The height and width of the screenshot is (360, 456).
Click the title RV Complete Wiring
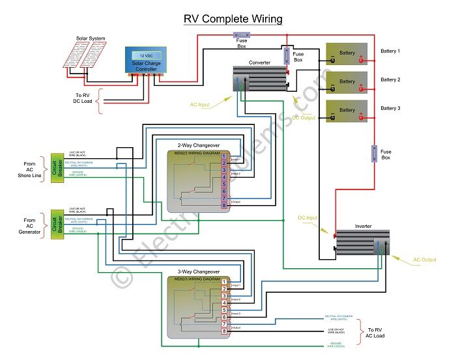tap(233, 18)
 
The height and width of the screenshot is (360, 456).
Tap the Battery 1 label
tap(390, 51)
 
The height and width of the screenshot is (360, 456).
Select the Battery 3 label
tap(390, 108)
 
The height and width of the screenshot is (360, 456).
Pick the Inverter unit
tap(362, 242)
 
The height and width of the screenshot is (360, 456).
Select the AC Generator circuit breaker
tap(56, 225)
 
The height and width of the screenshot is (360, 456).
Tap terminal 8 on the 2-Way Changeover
tap(224, 206)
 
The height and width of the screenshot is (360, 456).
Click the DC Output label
tap(304, 118)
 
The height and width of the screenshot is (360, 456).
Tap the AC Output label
tap(425, 260)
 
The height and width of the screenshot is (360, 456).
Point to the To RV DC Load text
tap(84, 100)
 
